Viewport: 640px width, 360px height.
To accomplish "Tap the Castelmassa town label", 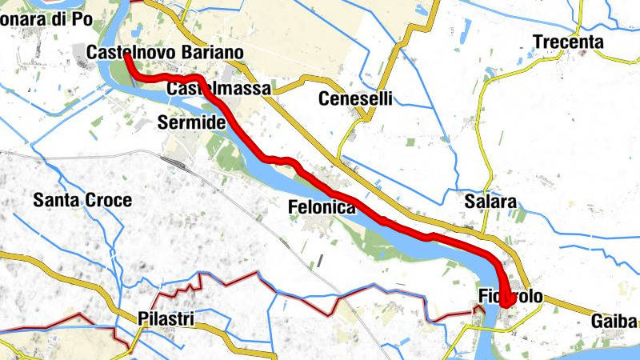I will [x=218, y=90].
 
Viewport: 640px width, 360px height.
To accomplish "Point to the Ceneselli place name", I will [x=356, y=99].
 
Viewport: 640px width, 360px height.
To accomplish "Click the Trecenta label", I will [x=569, y=42].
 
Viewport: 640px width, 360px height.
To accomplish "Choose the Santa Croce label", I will [x=82, y=201].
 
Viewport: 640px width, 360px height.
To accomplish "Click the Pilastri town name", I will [x=166, y=318].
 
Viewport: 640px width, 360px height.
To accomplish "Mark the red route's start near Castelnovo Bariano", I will [x=128, y=57].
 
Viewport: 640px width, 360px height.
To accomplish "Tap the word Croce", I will [x=111, y=201].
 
